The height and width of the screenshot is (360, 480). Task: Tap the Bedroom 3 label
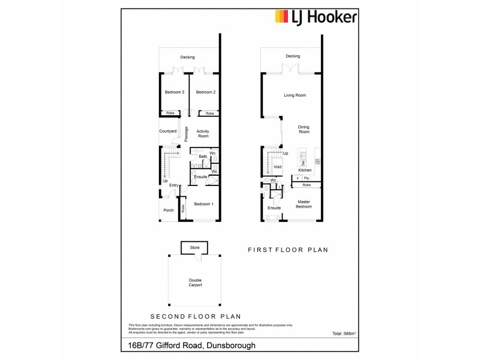[x=174, y=92]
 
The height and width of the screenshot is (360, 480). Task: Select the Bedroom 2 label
[x=205, y=92]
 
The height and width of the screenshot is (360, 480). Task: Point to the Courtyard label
[x=168, y=131]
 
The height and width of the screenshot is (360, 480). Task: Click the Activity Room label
[x=203, y=133]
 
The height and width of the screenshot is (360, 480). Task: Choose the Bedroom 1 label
[x=203, y=204]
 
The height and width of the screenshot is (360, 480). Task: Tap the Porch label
[x=169, y=210]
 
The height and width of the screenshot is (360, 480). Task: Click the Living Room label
[x=295, y=95]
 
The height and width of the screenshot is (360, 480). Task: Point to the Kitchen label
[x=305, y=170]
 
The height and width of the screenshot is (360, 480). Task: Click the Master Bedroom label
[x=304, y=204]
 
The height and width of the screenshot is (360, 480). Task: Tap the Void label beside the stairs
[x=277, y=167]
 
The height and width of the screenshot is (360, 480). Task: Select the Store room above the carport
[x=194, y=247]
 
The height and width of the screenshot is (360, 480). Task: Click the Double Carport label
[x=194, y=283]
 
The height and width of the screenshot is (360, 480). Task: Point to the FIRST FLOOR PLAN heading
[x=288, y=250]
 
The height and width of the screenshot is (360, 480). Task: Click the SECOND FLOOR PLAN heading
[x=195, y=316]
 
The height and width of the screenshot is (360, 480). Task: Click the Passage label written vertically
[x=187, y=133]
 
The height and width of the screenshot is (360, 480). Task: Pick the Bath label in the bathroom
[x=203, y=157]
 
